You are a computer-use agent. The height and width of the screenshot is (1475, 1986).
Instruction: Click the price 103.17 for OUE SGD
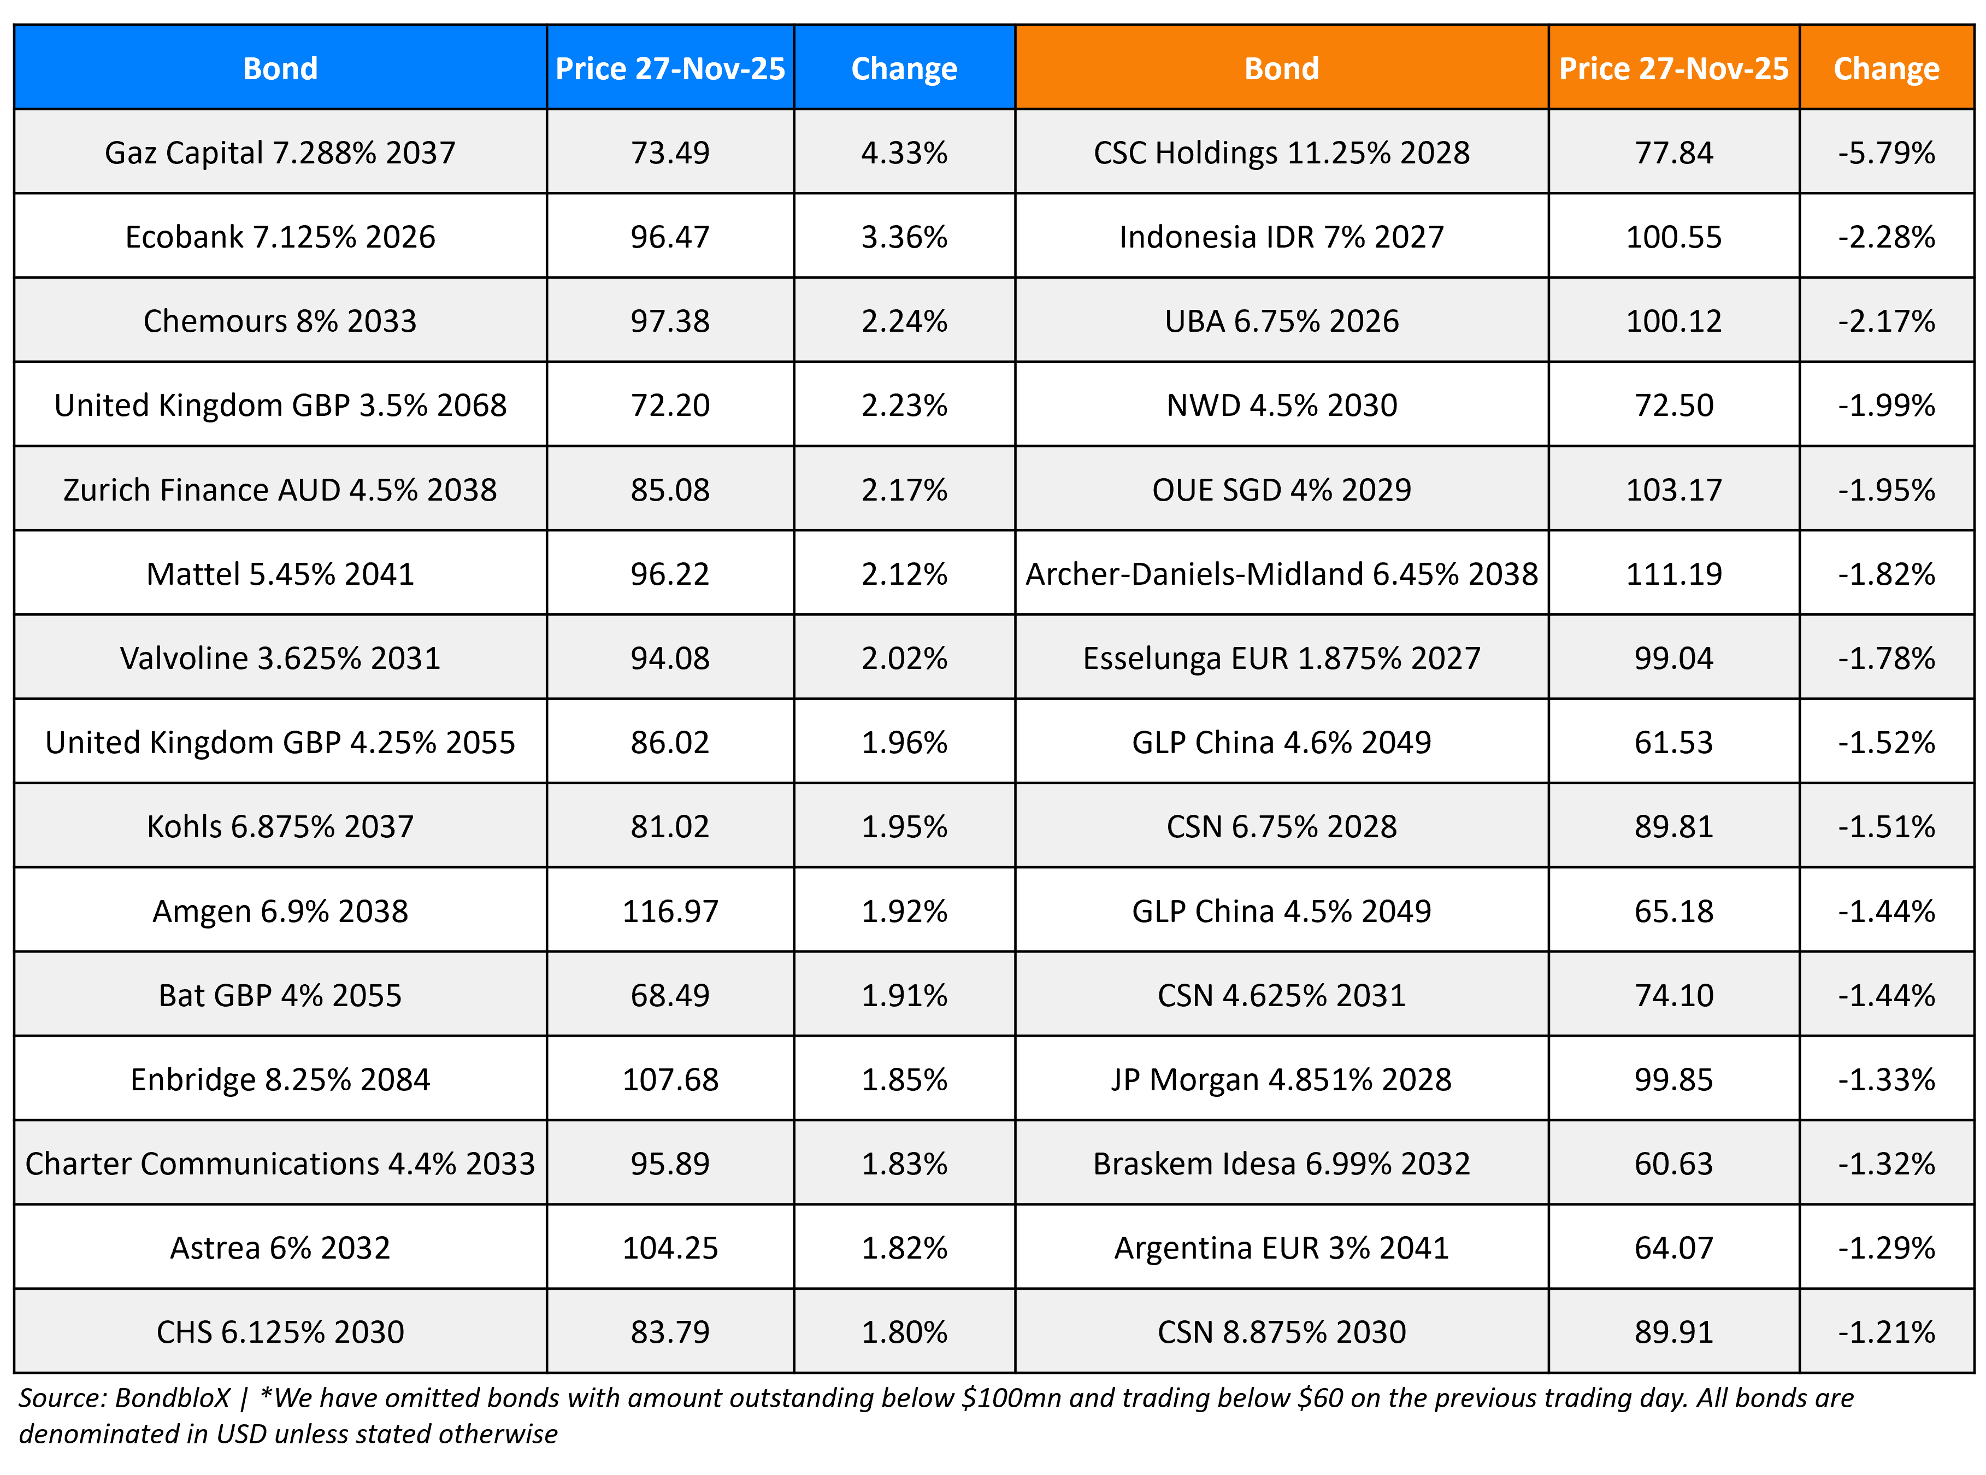tap(1673, 489)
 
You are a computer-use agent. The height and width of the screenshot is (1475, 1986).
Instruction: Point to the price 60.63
tap(1673, 1163)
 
